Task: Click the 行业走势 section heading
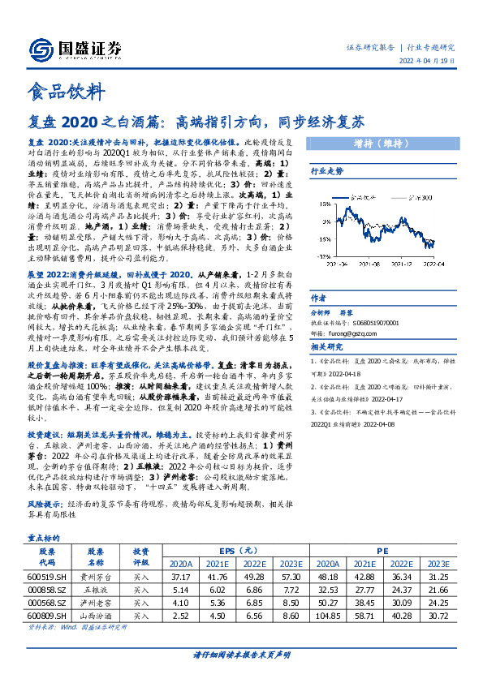pyautogui.click(x=327, y=171)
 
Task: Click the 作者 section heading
pyautogui.click(x=319, y=298)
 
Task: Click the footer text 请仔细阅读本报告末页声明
pyautogui.click(x=241, y=655)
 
